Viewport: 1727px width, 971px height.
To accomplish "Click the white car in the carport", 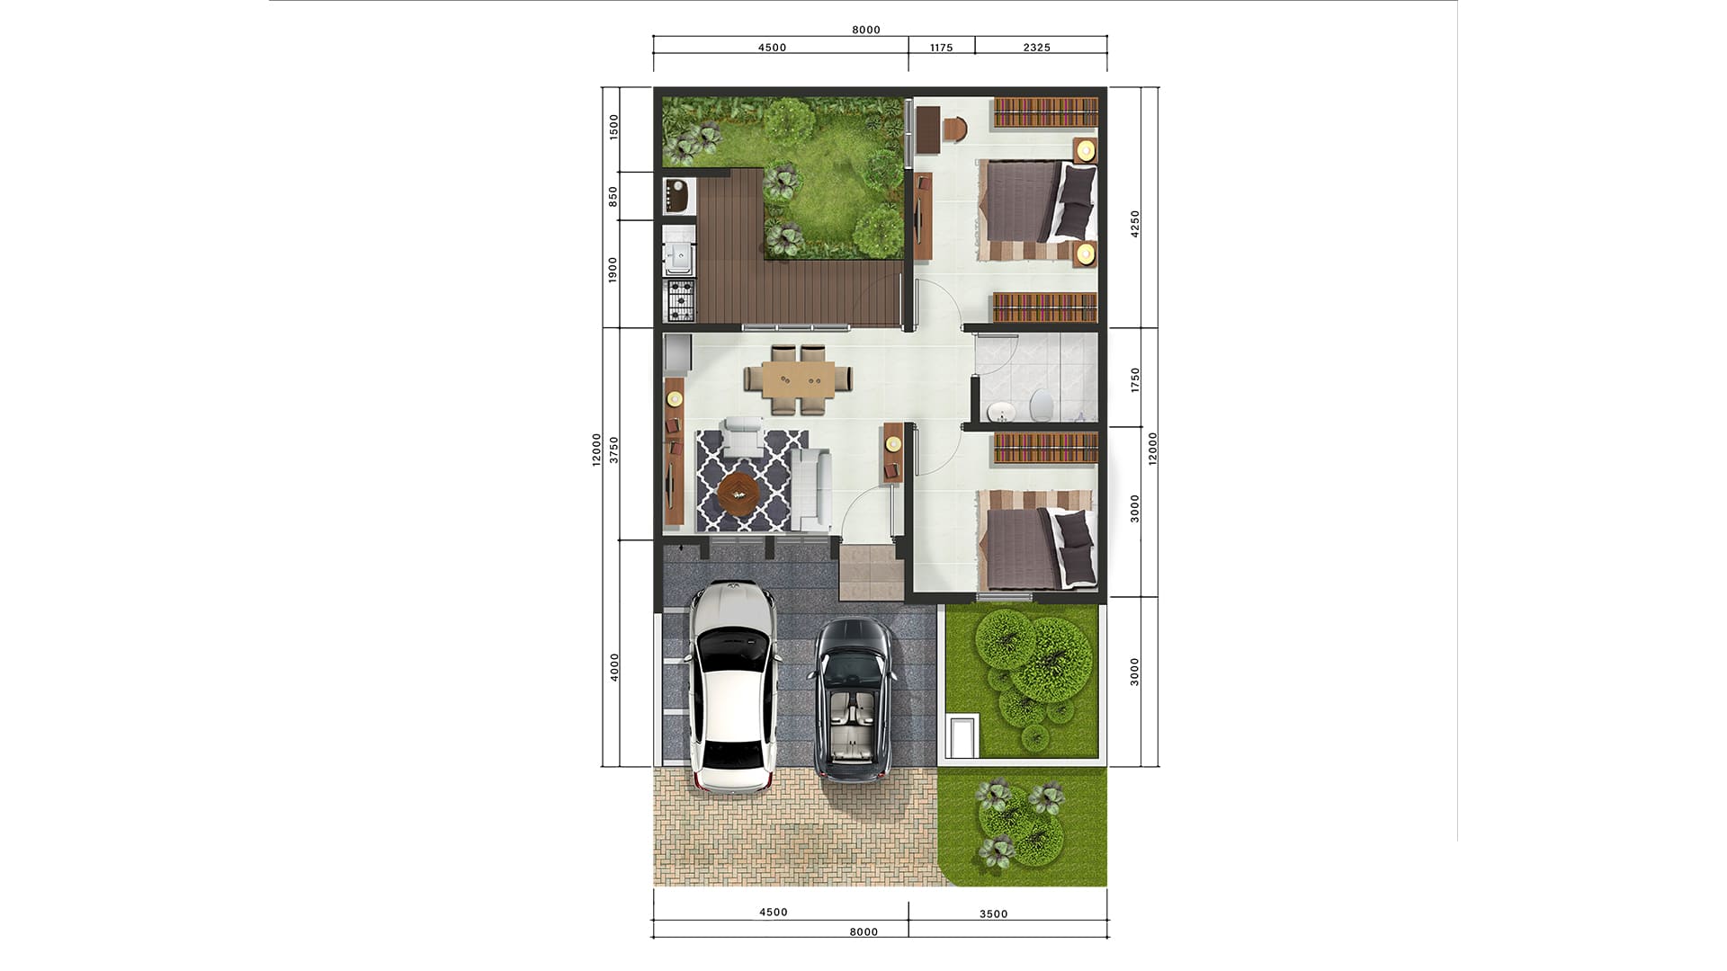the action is pos(734,687).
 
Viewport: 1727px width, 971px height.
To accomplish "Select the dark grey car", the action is pos(854,699).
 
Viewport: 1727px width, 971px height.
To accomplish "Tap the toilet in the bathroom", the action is pos(1041,405).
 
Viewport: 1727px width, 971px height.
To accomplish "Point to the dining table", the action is pos(797,379).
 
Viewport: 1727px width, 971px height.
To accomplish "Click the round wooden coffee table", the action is pos(738,492).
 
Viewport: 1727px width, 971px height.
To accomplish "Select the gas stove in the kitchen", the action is pos(679,300).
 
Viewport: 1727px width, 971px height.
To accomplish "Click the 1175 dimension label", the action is pos(942,48).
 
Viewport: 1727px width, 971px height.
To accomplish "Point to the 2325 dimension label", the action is pos(1037,48).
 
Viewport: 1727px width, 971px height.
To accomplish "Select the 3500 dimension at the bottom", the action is pos(994,913).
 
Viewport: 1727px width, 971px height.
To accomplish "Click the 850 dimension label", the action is pos(613,197).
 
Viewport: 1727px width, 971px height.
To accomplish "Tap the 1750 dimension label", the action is pos(1135,379).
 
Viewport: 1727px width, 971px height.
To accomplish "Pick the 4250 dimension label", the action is pos(1135,224).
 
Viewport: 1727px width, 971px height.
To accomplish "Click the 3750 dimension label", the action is pos(614,450).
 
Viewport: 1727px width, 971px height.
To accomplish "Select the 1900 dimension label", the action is pos(613,270).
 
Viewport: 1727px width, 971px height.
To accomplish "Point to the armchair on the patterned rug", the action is pos(744,435).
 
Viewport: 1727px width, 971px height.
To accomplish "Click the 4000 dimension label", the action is pos(614,667).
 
